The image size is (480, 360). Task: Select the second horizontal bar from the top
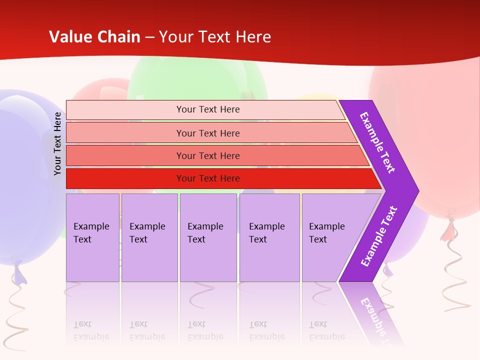click(207, 133)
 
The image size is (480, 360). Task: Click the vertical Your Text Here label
click(57, 143)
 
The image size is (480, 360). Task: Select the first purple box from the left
click(92, 237)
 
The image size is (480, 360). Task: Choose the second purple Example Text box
click(149, 237)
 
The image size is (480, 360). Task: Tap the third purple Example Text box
click(208, 237)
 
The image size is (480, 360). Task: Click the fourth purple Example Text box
click(269, 237)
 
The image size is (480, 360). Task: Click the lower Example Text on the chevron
click(378, 236)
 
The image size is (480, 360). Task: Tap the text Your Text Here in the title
click(215, 37)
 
